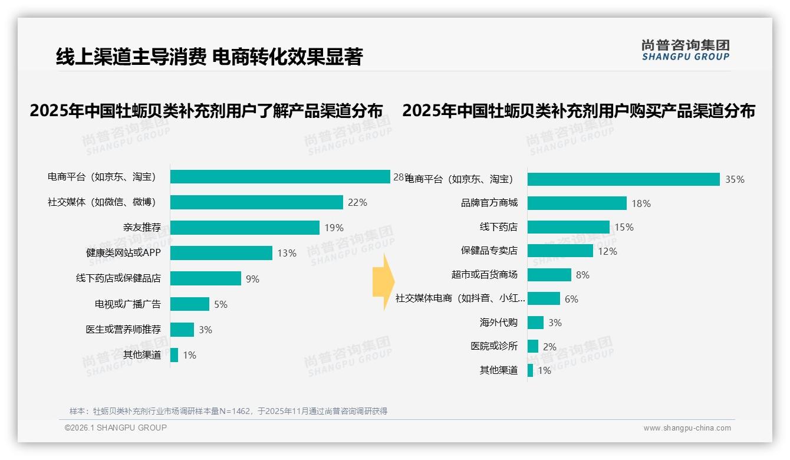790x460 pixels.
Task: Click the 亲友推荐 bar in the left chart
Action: [x=245, y=228]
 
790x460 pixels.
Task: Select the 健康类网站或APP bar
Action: [x=221, y=253]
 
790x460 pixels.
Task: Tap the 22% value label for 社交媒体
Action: [x=357, y=202]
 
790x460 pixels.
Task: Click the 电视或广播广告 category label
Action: [x=128, y=304]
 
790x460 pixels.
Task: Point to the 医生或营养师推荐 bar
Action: [x=182, y=330]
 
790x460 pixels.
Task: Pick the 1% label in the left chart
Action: [x=189, y=355]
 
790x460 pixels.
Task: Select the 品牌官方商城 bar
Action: [x=577, y=203]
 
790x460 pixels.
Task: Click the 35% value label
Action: [x=735, y=179]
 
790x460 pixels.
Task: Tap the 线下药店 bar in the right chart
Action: [x=568, y=227]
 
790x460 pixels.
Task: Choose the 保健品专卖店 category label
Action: [x=489, y=251]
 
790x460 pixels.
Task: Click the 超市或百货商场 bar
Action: [x=549, y=275]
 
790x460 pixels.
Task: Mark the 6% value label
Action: [x=571, y=299]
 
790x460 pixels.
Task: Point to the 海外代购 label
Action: [x=499, y=323]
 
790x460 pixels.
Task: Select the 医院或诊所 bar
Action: [x=533, y=346]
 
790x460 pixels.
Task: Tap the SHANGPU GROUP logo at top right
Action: [x=686, y=50]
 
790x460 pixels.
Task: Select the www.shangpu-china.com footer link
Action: [x=687, y=428]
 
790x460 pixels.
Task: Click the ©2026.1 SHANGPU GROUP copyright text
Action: [x=116, y=428]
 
